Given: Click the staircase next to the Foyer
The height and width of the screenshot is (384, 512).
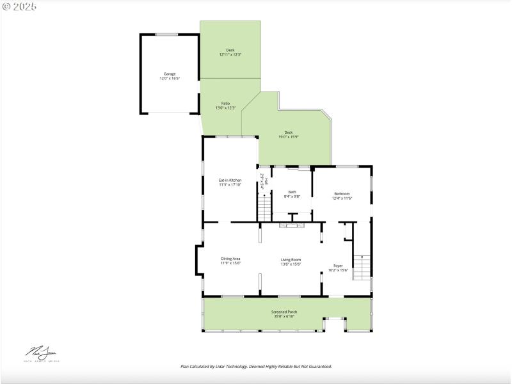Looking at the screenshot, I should pyautogui.click(x=362, y=267).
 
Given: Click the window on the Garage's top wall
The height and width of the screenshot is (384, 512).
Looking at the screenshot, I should pyautogui.click(x=167, y=35).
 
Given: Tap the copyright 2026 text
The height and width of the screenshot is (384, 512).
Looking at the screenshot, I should pyautogui.click(x=19, y=6).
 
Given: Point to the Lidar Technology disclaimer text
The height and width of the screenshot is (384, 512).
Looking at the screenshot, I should pyautogui.click(x=256, y=367).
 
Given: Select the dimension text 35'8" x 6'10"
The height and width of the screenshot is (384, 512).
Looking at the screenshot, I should pyautogui.click(x=287, y=316).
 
